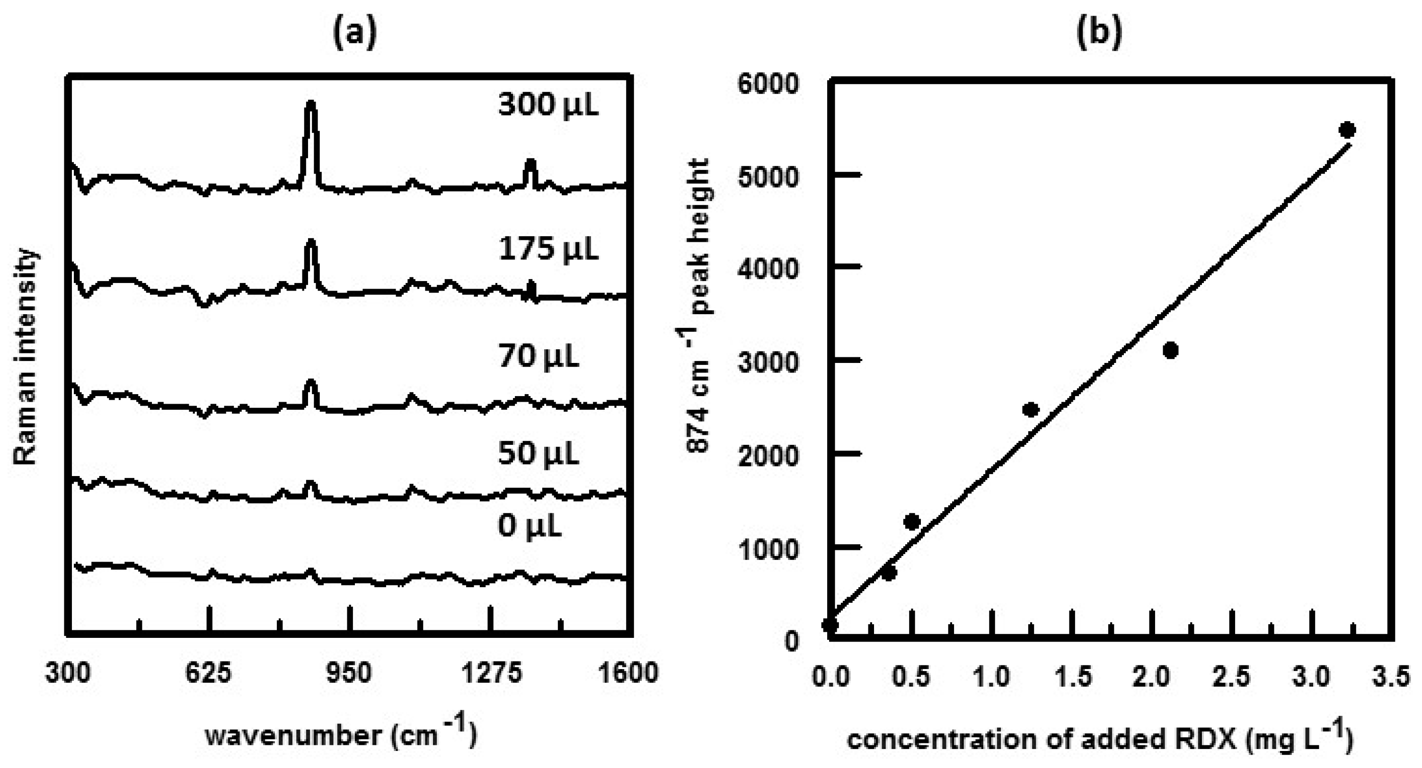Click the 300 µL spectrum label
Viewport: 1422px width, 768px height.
pyautogui.click(x=548, y=105)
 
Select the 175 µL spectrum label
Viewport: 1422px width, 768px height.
pyautogui.click(x=548, y=249)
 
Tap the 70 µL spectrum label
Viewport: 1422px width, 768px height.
pyautogui.click(x=538, y=357)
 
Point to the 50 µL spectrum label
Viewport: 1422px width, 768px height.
pyautogui.click(x=538, y=454)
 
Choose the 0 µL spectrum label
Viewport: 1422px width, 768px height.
pyautogui.click(x=529, y=526)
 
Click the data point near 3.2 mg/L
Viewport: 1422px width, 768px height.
pyautogui.click(x=1348, y=130)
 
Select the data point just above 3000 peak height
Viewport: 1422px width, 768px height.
pyautogui.click(x=1170, y=350)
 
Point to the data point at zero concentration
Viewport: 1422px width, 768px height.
pyautogui.click(x=830, y=625)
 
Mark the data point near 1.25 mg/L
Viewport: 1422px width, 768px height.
pyautogui.click(x=1030, y=410)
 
